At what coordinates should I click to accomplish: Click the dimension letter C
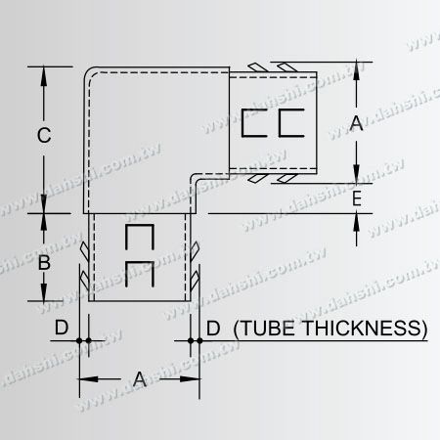(44, 138)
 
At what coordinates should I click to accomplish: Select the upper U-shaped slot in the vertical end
(141, 240)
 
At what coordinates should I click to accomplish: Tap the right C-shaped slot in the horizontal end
(290, 125)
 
